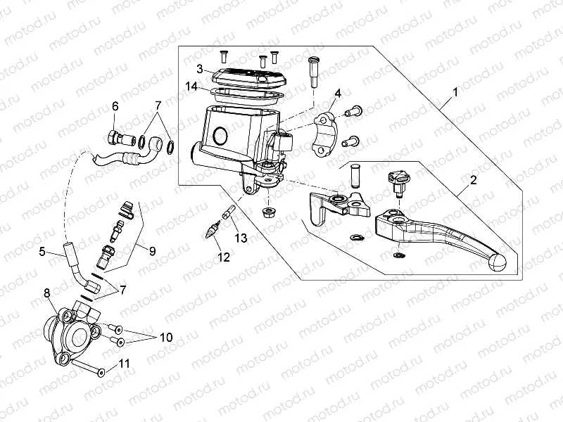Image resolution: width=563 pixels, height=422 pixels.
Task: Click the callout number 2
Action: [x=473, y=180]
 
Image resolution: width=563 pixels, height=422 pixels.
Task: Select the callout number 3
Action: [x=200, y=68]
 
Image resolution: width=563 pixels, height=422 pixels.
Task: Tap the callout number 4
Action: [x=338, y=93]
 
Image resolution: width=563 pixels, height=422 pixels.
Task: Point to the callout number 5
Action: [x=42, y=251]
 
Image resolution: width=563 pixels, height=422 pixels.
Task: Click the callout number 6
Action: [x=115, y=106]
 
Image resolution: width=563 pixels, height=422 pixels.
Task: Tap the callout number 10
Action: [x=166, y=338]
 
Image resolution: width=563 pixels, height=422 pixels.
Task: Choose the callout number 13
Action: [x=241, y=239]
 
